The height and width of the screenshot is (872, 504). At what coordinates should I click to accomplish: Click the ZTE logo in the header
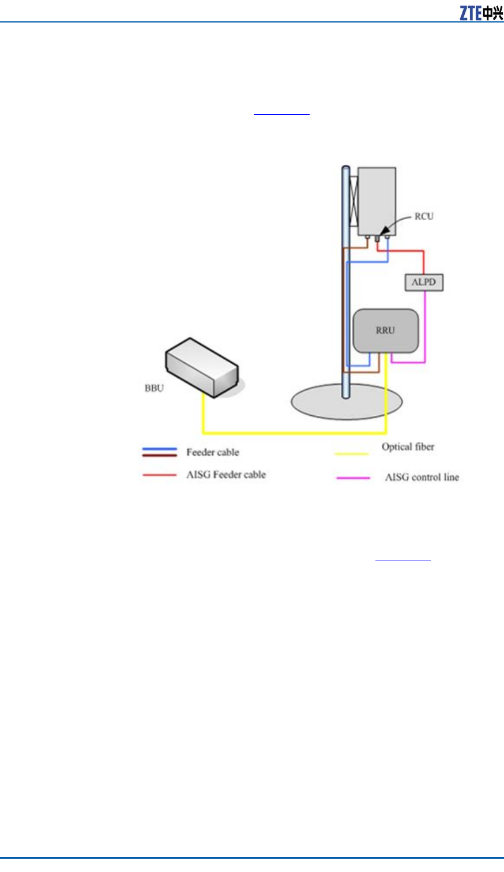pyautogui.click(x=481, y=13)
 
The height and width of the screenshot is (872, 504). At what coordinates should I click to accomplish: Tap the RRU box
pyautogui.click(x=385, y=330)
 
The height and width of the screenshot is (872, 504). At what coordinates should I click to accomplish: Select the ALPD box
pyautogui.click(x=424, y=282)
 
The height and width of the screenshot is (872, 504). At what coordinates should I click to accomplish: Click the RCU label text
pyautogui.click(x=424, y=216)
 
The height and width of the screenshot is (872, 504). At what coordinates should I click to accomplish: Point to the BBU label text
pyautogui.click(x=154, y=388)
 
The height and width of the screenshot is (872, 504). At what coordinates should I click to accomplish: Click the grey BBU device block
pyautogui.click(x=202, y=366)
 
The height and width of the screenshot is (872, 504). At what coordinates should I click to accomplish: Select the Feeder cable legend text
pyautogui.click(x=212, y=452)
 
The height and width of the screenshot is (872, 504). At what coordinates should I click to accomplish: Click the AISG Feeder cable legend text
pyautogui.click(x=225, y=475)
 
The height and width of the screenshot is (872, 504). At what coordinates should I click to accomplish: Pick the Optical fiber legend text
pyautogui.click(x=408, y=446)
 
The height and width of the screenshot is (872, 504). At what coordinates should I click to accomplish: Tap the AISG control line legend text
pyautogui.click(x=422, y=477)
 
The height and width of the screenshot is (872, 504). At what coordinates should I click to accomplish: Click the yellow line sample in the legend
pyautogui.click(x=352, y=454)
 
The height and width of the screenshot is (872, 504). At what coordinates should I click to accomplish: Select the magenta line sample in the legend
pyautogui.click(x=353, y=478)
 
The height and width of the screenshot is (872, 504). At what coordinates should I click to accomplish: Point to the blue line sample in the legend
pyautogui.click(x=160, y=449)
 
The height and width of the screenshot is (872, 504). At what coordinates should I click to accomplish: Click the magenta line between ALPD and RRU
pyautogui.click(x=425, y=329)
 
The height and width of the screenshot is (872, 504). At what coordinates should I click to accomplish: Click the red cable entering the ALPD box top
pyautogui.click(x=424, y=262)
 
